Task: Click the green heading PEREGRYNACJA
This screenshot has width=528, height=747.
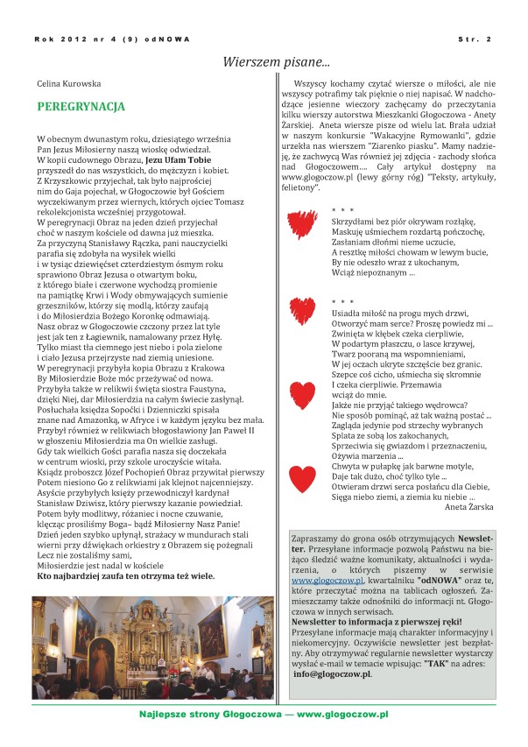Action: [x=81, y=107]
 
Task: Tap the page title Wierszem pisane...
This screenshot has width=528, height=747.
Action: [x=276, y=62]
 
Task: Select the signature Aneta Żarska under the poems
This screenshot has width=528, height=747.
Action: [x=469, y=507]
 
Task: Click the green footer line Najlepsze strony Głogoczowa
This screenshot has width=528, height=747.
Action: [x=264, y=715]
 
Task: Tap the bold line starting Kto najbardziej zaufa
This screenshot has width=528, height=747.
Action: [x=125, y=576]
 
